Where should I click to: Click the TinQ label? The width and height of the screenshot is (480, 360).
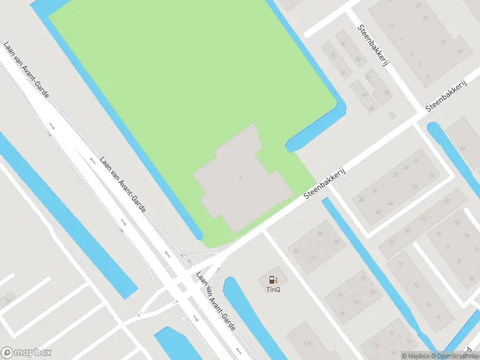pos(274,289)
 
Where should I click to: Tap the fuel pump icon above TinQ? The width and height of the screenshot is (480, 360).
pos(274,279)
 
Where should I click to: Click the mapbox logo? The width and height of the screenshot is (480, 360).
pos(26,353)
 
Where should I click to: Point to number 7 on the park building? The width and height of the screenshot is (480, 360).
pos(241,178)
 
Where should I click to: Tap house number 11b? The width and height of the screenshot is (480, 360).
pos(307,343)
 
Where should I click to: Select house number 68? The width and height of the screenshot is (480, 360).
pos(407,230)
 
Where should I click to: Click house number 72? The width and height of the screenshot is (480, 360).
pos(392,242)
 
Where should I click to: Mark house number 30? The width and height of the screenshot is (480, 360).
pos(394,175)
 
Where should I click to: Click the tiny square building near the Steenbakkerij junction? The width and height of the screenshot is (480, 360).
pos(392,114)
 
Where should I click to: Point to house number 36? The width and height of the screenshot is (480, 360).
pos(361,200)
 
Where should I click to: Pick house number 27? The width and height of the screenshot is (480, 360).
pos(443,43)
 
